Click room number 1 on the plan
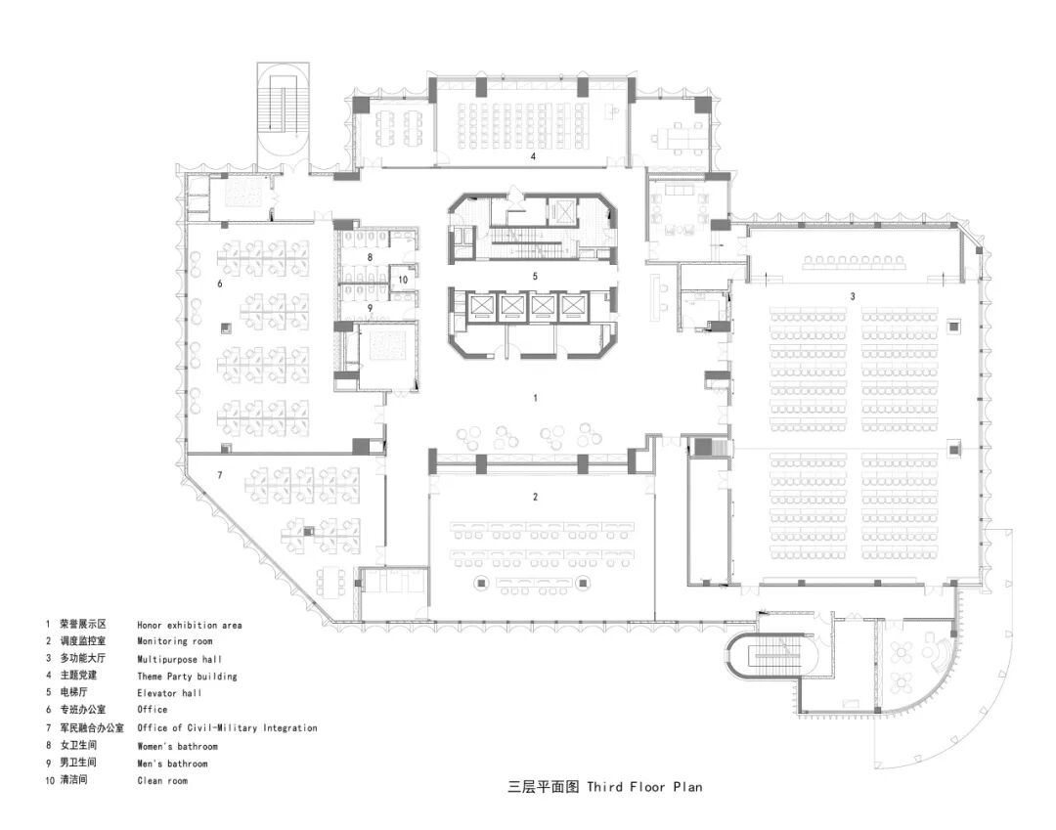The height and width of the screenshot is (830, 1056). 535,398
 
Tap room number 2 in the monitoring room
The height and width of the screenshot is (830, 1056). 535,497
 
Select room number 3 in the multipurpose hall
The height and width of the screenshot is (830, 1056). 852,295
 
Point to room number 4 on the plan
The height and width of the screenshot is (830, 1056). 533,155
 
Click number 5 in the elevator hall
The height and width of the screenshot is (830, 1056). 535,277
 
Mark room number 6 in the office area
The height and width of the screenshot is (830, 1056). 220,283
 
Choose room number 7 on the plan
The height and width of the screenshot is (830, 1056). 220,475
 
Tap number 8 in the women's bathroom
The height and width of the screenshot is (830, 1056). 370,257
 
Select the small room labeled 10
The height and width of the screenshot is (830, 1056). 402,280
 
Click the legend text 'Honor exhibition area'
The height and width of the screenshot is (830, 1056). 189,625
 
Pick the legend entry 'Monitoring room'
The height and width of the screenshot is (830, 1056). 174,642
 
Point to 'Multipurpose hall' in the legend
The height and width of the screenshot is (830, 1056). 179,659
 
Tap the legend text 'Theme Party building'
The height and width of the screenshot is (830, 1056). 187,677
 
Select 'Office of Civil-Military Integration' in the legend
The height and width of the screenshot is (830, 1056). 227,728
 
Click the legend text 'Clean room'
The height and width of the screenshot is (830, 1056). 161,781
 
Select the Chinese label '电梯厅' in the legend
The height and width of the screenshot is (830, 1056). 77,693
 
